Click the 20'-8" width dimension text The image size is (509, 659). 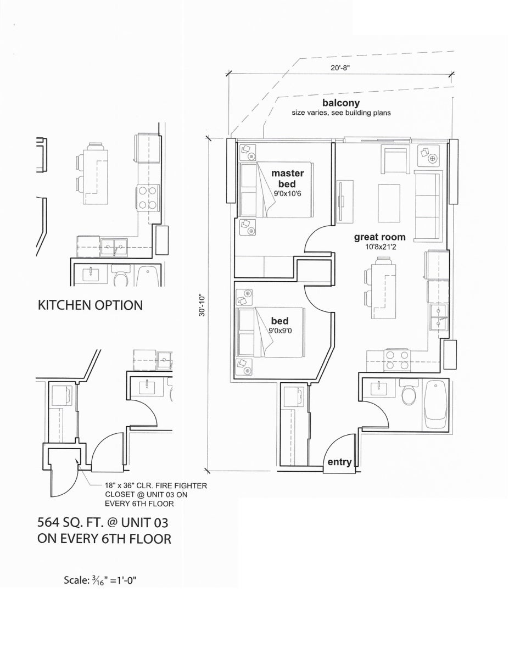pyautogui.click(x=340, y=68)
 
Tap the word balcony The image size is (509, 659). pyautogui.click(x=341, y=103)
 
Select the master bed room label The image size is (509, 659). pyautogui.click(x=287, y=178)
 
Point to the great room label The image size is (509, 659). pyautogui.click(x=380, y=237)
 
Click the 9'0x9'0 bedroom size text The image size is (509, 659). pyautogui.click(x=280, y=331)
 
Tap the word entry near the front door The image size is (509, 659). pyautogui.click(x=339, y=462)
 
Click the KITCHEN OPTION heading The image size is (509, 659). pyautogui.click(x=90, y=305)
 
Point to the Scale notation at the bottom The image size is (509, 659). pyautogui.click(x=100, y=580)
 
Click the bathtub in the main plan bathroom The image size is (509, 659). pyautogui.click(x=435, y=405)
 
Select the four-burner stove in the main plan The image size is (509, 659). pyautogui.click(x=398, y=360)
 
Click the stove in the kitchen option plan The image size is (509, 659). pyautogui.click(x=148, y=198)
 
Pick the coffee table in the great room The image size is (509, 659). pyautogui.click(x=389, y=203)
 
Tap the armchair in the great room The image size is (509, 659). pyautogui.click(x=396, y=159)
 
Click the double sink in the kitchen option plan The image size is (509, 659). pyautogui.click(x=114, y=247)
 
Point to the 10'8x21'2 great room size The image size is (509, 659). pyautogui.click(x=381, y=247)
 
